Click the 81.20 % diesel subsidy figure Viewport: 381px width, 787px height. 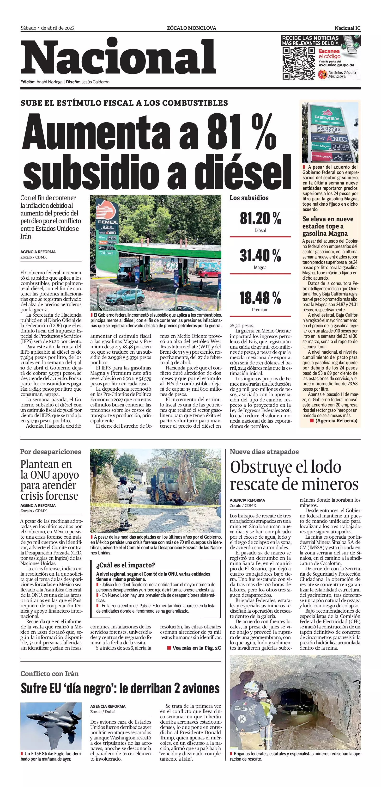(260, 218)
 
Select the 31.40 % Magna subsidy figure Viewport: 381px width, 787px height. (260, 255)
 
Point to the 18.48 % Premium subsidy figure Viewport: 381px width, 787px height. (260, 298)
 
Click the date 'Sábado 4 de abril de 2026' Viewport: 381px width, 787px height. (47, 28)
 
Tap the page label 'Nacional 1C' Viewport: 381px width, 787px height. (347, 28)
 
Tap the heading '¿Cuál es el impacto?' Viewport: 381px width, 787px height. (126, 565)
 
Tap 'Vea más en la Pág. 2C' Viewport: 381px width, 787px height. (196, 648)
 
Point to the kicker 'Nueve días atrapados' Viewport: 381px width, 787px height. (264, 452)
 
